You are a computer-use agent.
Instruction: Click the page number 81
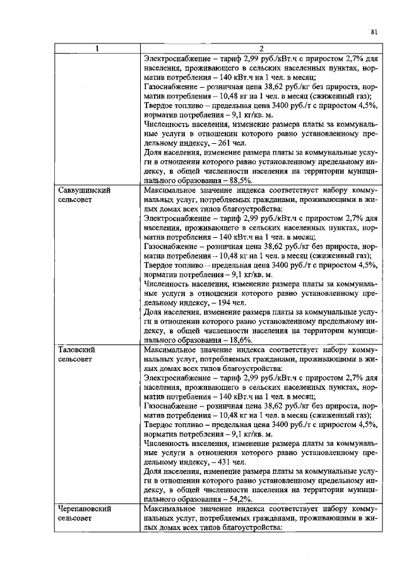click(374, 31)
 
